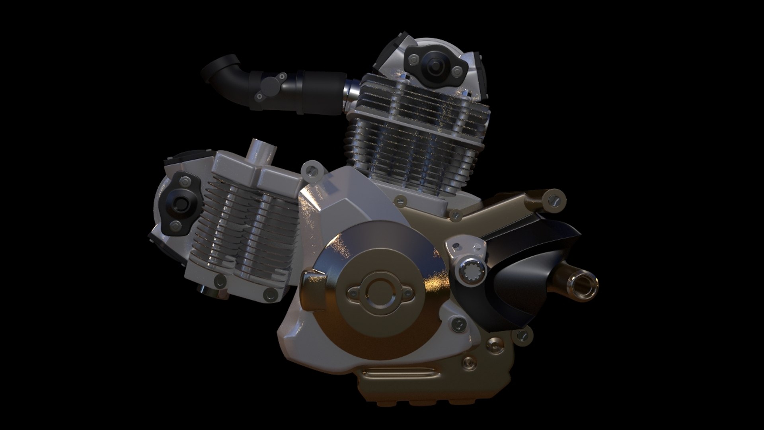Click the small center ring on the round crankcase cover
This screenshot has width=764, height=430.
(376, 294)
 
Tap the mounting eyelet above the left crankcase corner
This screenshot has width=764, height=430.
(311, 170)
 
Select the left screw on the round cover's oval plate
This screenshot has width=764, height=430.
(353, 294)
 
